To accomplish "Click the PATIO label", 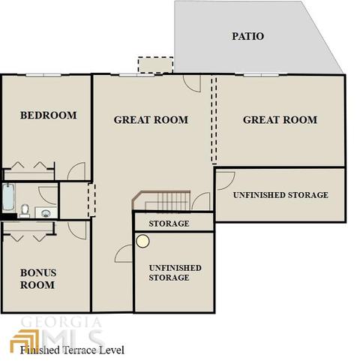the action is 247,36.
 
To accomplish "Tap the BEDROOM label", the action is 49,116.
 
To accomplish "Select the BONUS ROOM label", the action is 38,278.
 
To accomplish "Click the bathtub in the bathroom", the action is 8,197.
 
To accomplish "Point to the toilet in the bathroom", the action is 25,211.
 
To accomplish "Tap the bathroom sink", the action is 46,213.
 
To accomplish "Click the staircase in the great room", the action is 161,200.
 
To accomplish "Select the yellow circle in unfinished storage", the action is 143,241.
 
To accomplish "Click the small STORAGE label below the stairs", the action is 169,224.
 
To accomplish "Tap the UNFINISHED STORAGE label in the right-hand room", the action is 280,195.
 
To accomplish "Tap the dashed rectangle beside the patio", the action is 155,65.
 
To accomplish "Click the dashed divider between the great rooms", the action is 214,119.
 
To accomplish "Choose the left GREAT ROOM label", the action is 151,120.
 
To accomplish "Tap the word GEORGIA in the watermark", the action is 61,322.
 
